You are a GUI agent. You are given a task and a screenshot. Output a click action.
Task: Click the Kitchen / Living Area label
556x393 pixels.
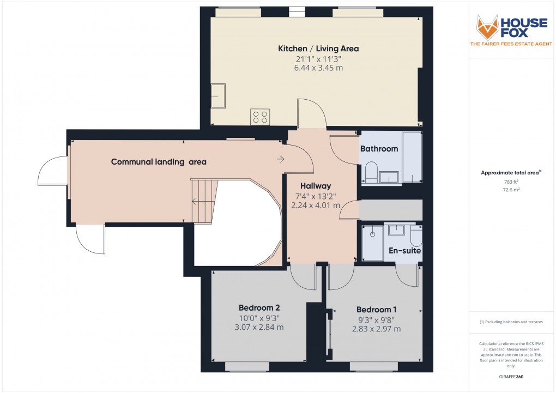pyautogui.click(x=318, y=49)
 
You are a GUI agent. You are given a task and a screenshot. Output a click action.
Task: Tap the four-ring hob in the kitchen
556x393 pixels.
pyautogui.click(x=259, y=117)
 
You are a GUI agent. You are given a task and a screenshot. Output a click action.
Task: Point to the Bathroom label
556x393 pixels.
pyautogui.click(x=379, y=149)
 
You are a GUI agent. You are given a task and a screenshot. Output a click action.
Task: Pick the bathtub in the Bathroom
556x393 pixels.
pyautogui.click(x=412, y=157)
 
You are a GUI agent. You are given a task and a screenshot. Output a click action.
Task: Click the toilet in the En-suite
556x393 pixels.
pyautogui.click(x=415, y=237)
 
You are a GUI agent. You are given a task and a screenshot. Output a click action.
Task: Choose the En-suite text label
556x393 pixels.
pyautogui.click(x=404, y=251)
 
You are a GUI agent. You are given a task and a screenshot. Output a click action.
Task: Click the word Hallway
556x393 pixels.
pyautogui.click(x=313, y=186)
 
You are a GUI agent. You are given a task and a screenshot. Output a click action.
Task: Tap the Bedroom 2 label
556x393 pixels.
pyautogui.click(x=259, y=307)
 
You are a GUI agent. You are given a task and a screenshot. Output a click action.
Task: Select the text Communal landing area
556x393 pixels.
pyautogui.click(x=159, y=162)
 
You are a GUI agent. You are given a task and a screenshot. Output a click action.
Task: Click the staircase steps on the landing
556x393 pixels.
pyautogui.click(x=203, y=201)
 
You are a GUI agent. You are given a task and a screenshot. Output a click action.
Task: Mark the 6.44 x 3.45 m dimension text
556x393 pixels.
pyautogui.click(x=318, y=68)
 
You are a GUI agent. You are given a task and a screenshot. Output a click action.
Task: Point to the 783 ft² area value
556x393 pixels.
pyautogui.click(x=510, y=182)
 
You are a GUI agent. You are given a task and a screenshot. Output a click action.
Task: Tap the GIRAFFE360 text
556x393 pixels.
pyautogui.click(x=511, y=377)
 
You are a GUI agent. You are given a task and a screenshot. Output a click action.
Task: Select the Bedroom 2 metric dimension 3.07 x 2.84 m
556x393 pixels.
pyautogui.click(x=259, y=327)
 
